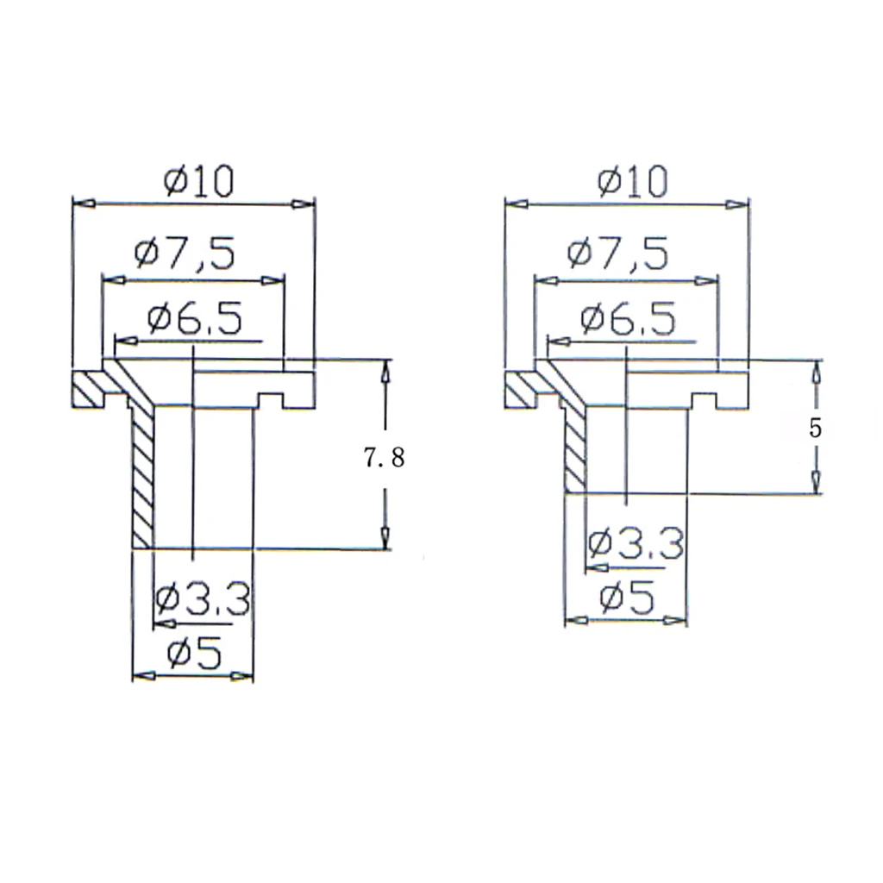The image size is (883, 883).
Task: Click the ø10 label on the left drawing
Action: (x=198, y=181)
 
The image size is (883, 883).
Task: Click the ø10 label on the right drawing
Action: (x=632, y=181)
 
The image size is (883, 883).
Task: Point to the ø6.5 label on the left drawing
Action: (x=195, y=318)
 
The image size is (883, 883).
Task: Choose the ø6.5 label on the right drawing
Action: (x=628, y=319)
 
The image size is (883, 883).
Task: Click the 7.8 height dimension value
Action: (x=384, y=458)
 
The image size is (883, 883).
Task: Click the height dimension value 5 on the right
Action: (x=815, y=429)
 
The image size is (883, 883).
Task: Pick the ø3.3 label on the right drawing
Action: (x=636, y=543)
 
